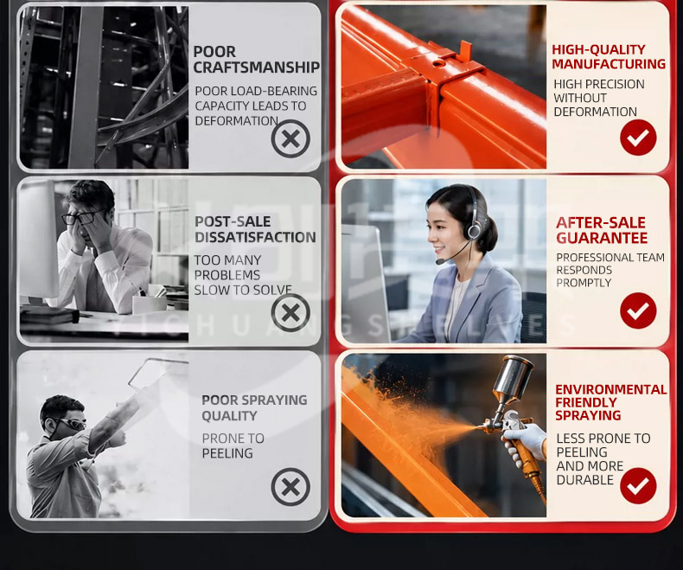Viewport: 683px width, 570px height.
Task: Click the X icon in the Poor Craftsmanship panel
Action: (290, 139)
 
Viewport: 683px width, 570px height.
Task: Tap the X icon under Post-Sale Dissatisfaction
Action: (290, 312)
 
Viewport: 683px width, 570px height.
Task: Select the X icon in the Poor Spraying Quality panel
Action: (290, 487)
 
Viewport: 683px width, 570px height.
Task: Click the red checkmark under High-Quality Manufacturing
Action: (638, 138)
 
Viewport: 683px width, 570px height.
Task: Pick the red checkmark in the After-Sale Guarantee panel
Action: (638, 311)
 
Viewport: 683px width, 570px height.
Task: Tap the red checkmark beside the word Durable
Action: (638, 485)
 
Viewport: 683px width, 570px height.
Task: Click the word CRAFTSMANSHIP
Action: (257, 67)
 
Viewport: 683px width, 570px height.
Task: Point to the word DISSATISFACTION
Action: (255, 237)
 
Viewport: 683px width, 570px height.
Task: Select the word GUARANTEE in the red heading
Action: (602, 238)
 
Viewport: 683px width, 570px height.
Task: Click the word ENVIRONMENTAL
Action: (610, 389)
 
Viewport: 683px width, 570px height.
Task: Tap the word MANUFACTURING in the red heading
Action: (609, 64)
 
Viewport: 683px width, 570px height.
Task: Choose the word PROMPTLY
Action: (584, 283)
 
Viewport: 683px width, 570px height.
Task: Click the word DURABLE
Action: (585, 480)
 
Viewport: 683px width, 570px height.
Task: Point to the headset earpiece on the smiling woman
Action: (473, 230)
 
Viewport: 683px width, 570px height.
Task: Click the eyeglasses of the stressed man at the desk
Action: (81, 216)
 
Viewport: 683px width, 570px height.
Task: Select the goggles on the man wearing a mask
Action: (70, 423)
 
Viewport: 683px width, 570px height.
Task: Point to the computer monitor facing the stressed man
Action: (38, 240)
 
